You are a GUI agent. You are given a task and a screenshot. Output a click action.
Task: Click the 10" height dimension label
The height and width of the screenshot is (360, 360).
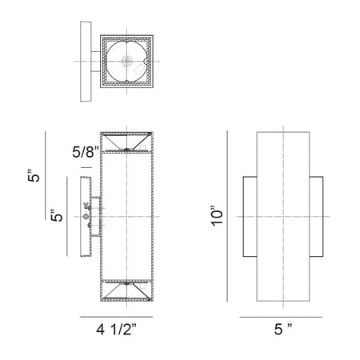pos(217,216)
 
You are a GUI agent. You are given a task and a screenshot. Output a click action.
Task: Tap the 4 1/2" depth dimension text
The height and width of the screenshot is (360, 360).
pos(117,330)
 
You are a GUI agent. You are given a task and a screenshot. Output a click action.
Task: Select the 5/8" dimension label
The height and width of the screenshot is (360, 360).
pos(86,152)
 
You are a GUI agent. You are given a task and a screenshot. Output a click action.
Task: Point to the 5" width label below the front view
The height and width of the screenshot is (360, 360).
pos(283,330)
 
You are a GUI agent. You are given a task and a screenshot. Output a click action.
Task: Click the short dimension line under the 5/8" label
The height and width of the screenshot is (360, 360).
pos(86,168)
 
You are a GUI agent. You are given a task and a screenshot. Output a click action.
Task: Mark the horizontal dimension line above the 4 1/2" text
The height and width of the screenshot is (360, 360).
pos(117,317)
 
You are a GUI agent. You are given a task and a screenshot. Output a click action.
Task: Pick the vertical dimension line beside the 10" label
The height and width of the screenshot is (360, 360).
pos(227,216)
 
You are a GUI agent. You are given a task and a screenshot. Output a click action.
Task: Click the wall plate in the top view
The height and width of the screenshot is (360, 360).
pos(86,62)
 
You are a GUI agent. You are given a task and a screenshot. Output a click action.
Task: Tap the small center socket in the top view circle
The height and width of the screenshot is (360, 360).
pos(126,62)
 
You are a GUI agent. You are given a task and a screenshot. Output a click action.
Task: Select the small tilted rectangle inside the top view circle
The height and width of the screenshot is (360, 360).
pos(138,70)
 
